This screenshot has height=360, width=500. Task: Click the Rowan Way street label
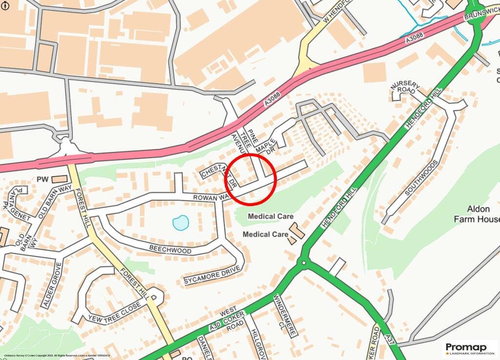click(209, 197)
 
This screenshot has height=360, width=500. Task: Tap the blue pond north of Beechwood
click(180, 223)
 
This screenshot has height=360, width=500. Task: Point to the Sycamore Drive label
click(212, 275)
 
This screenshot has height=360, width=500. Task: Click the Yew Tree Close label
click(115, 312)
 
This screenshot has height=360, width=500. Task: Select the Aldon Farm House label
click(477, 213)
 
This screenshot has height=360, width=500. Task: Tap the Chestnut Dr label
click(219, 176)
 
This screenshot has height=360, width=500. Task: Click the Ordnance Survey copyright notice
click(57, 356)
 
